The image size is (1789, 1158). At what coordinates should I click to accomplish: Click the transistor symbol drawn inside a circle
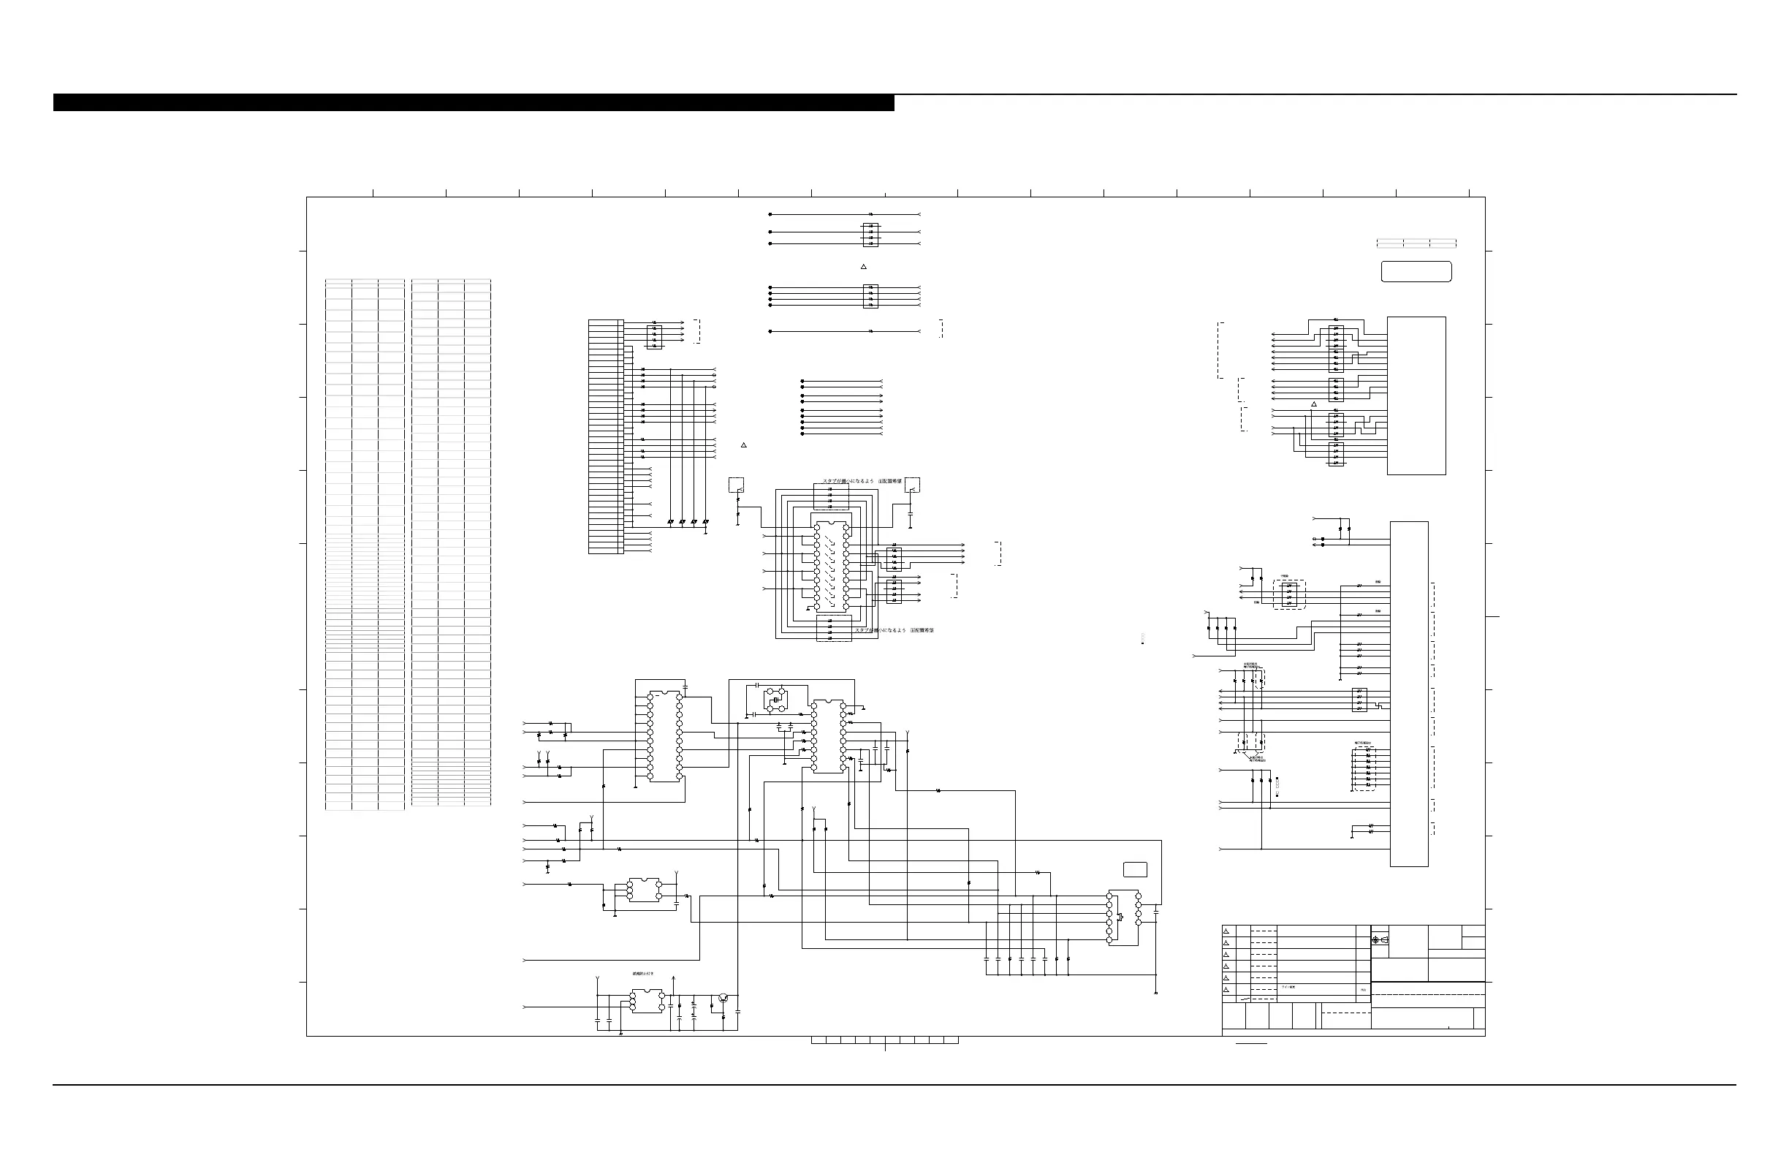(x=722, y=998)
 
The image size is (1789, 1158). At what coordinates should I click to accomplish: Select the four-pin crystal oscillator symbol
(x=774, y=700)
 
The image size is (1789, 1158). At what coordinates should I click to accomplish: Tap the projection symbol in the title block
(x=1375, y=940)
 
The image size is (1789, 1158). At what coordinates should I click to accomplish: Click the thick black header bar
(x=474, y=102)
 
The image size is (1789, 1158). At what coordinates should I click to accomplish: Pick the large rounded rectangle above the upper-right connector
(x=1416, y=271)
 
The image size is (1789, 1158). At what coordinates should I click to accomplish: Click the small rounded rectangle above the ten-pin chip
(x=1135, y=870)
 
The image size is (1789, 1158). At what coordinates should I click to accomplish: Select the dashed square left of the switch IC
(x=737, y=485)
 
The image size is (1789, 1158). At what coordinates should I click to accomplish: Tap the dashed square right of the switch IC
(x=913, y=485)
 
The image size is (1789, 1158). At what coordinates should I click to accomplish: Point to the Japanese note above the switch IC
(x=862, y=480)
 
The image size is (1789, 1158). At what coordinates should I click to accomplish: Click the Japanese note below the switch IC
(x=894, y=630)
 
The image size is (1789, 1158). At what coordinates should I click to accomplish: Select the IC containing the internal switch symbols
(x=831, y=565)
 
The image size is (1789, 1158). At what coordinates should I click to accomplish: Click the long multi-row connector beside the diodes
(x=606, y=437)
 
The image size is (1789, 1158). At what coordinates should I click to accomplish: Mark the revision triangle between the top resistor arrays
(x=864, y=267)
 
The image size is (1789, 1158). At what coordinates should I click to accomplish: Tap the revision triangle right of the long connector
(x=743, y=445)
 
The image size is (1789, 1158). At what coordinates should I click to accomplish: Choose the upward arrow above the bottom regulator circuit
(x=674, y=979)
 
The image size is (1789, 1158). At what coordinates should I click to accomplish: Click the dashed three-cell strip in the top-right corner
(x=1416, y=243)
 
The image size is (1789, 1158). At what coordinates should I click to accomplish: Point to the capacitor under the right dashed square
(x=911, y=514)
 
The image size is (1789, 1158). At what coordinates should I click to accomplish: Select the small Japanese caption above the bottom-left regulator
(x=642, y=973)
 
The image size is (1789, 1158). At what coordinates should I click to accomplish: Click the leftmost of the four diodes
(x=670, y=521)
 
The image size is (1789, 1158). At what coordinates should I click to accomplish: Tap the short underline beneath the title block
(x=1252, y=1044)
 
